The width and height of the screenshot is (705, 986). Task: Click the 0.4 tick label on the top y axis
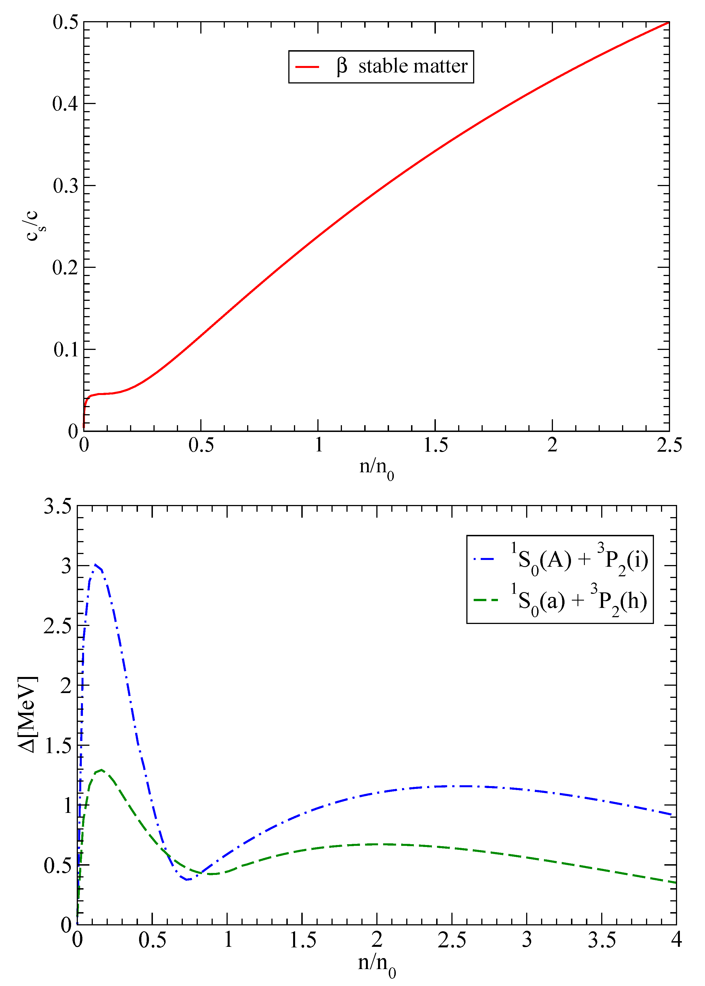(65, 104)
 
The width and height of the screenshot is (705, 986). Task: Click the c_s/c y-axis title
(34, 226)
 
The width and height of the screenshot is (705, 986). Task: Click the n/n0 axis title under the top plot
(376, 469)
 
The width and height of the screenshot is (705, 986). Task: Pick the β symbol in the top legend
(342, 66)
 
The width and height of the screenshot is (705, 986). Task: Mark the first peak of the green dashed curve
(101, 770)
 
